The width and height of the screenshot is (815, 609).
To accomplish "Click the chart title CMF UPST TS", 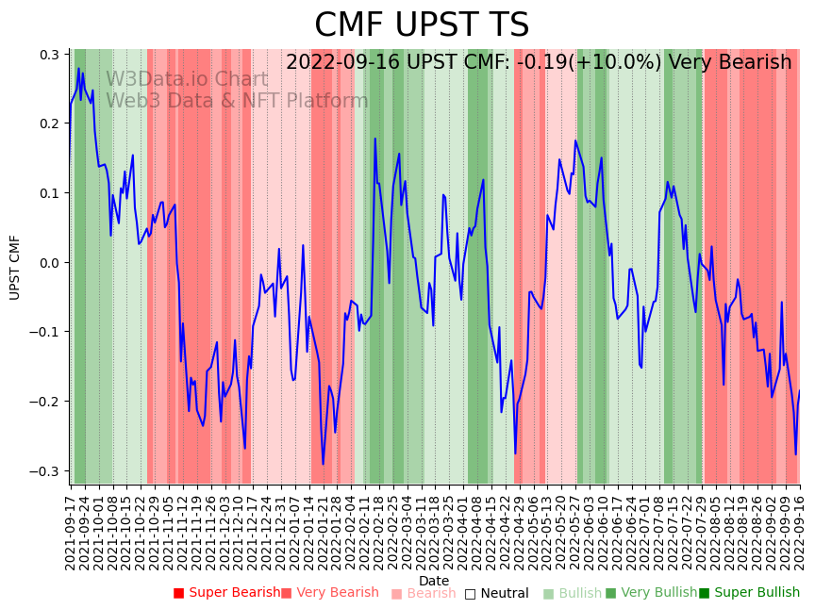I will [x=422, y=25].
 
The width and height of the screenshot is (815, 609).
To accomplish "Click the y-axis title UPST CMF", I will [x=15, y=268].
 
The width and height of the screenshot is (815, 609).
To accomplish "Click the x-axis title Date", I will [x=434, y=581].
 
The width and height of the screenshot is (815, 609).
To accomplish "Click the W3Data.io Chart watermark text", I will [x=187, y=79].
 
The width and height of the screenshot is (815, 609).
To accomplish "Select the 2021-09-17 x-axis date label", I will [x=71, y=532].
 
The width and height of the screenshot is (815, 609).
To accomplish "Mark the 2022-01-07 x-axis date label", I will [x=297, y=532].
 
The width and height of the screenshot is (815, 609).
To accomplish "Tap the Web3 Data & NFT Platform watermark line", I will [x=237, y=101].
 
